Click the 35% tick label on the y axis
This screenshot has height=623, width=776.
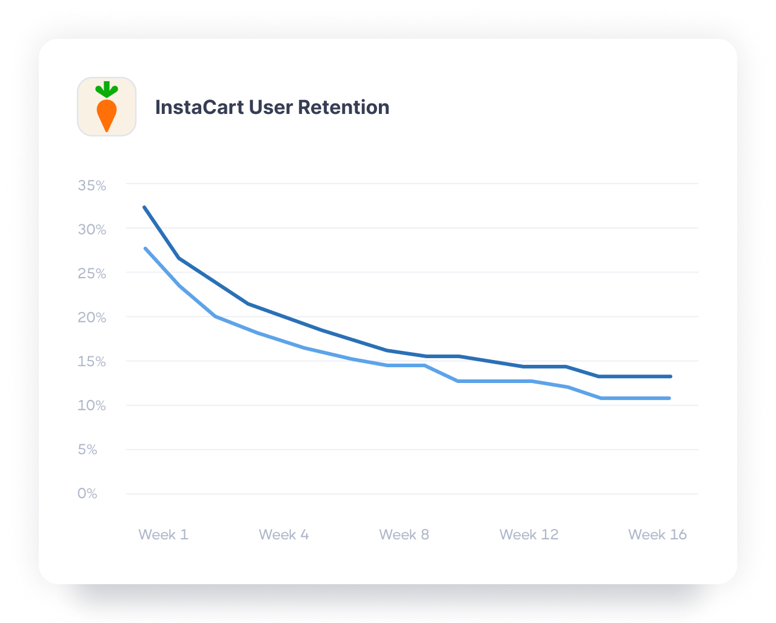pos(92,185)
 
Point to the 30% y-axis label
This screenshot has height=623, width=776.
pos(92,230)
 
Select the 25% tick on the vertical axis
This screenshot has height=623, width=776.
pos(92,274)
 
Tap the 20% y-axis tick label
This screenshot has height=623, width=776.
pos(92,318)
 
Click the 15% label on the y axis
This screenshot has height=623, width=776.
pos(92,362)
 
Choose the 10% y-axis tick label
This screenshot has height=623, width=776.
pos(92,405)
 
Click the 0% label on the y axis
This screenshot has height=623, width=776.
pos(87,494)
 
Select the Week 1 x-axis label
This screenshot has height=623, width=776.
pos(163,535)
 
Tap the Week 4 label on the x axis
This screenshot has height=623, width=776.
pos(284,535)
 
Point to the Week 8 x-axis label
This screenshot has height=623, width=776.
pos(404,535)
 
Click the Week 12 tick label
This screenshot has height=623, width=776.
pos(529,535)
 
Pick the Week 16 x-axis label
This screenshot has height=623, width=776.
pos(657,535)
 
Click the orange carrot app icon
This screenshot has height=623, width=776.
pos(107,107)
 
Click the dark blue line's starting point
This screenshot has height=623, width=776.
pos(144,207)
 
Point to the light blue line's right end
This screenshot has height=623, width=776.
pos(669,398)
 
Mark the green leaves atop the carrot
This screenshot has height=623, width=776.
pos(107,90)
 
